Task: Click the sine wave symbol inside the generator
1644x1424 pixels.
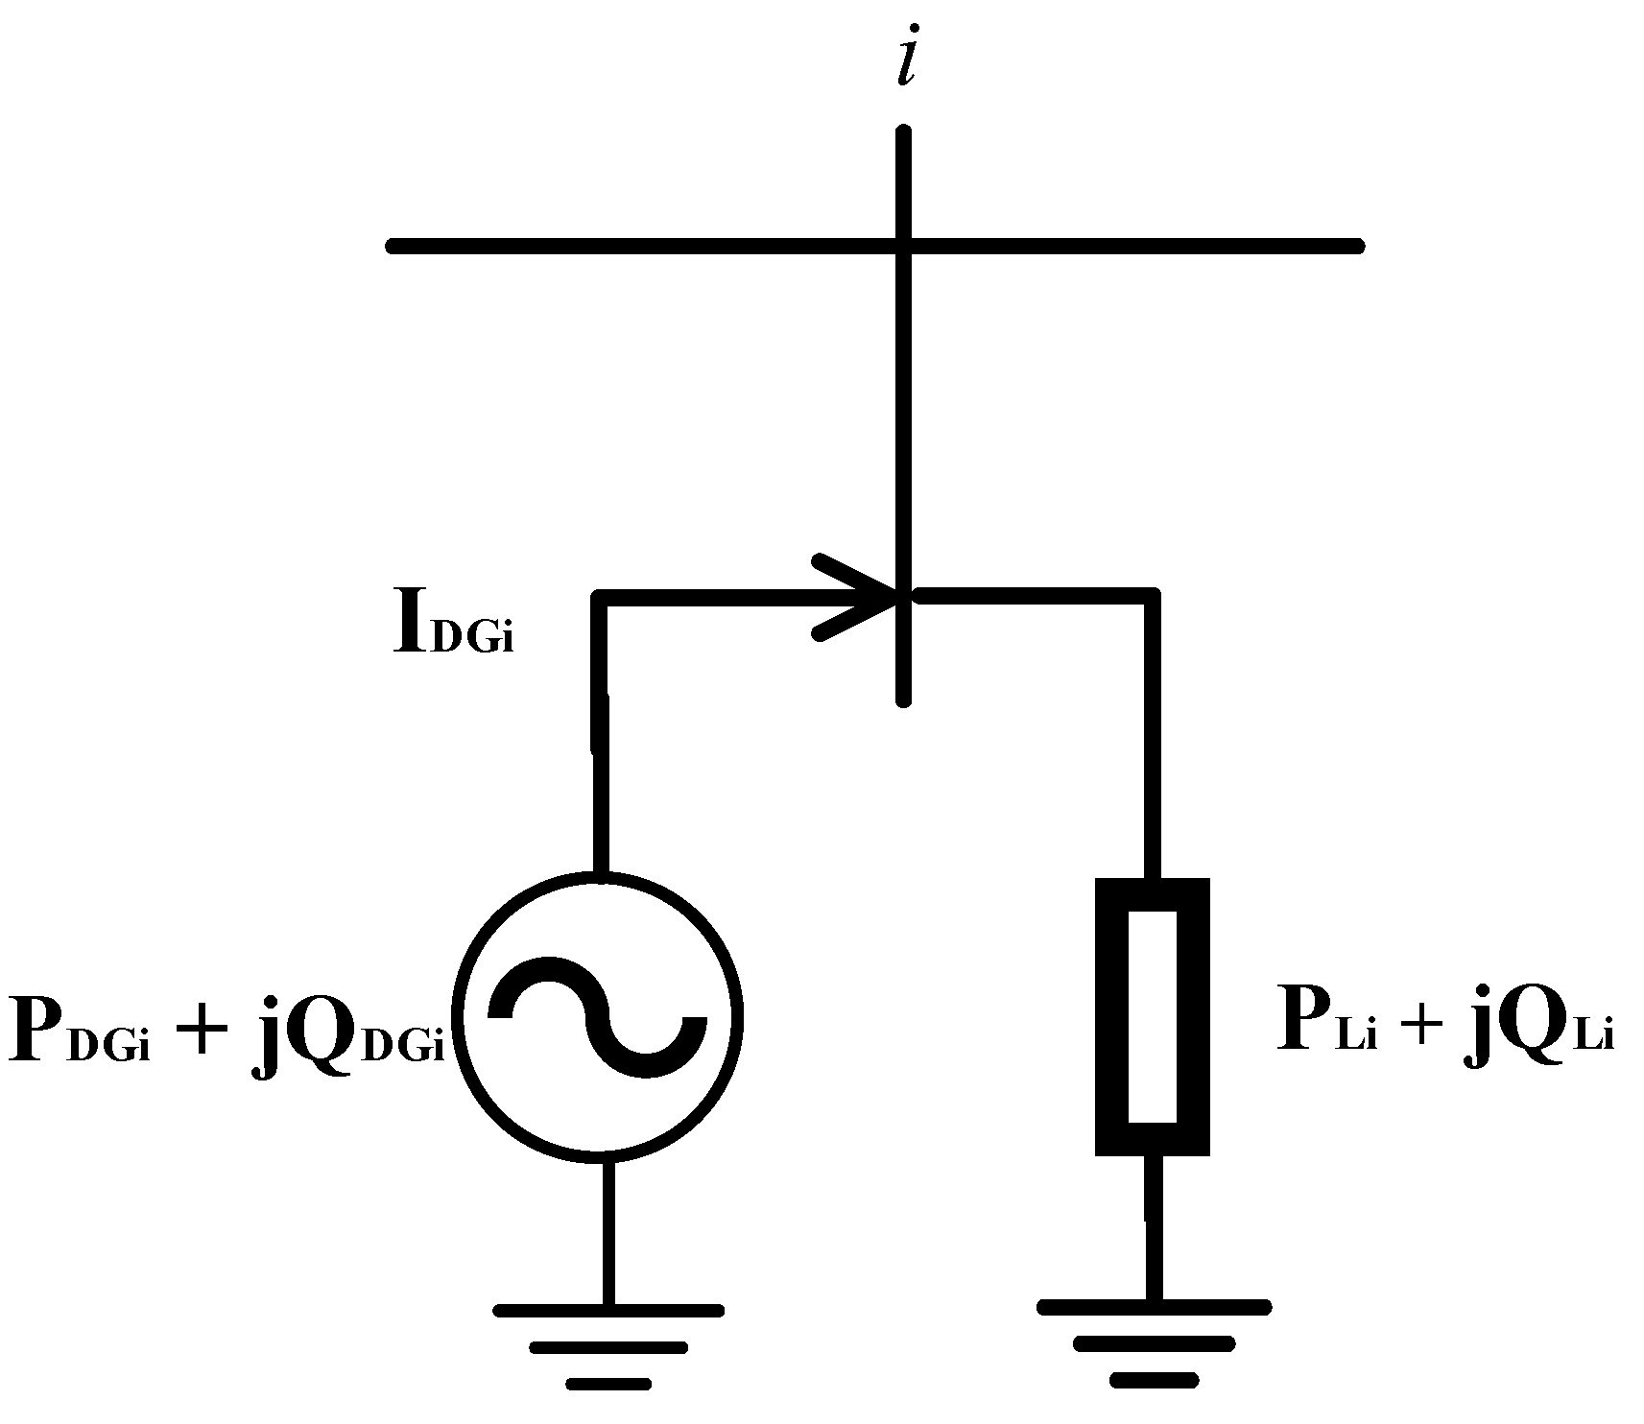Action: pos(597,1015)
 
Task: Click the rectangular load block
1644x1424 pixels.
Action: pos(1152,1017)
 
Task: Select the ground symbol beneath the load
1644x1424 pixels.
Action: pos(1154,1342)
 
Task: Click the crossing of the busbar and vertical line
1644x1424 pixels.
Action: pos(903,246)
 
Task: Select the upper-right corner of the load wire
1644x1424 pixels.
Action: pos(1152,597)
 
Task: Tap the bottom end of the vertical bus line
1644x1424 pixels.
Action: pos(903,699)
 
